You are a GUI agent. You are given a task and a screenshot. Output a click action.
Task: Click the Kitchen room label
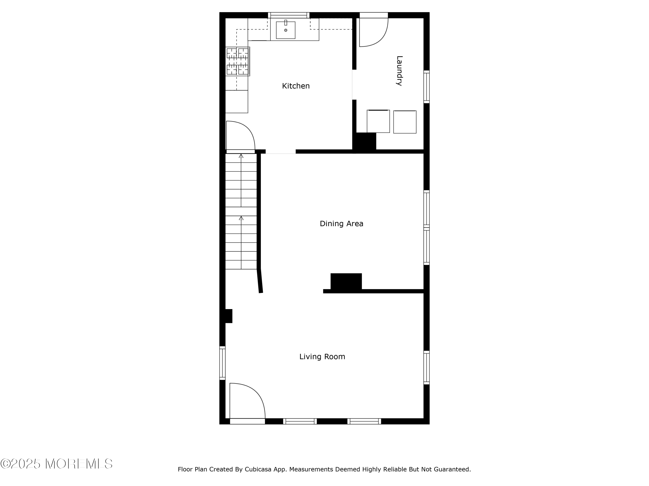(x=296, y=86)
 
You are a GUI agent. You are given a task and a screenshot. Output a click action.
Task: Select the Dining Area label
(x=342, y=224)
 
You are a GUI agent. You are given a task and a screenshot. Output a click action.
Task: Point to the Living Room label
(x=322, y=357)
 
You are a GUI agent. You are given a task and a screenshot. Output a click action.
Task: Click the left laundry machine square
(x=378, y=121)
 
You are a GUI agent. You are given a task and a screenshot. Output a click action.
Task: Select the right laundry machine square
(x=405, y=122)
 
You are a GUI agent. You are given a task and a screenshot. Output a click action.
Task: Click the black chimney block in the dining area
(x=346, y=281)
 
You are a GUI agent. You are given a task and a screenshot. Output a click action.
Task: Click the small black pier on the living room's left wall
(x=229, y=316)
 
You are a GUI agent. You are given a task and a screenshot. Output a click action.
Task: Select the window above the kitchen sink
(x=289, y=15)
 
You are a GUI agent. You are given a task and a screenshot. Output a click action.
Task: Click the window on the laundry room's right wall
(x=427, y=87)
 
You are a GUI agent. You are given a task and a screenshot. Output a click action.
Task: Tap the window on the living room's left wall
(x=222, y=363)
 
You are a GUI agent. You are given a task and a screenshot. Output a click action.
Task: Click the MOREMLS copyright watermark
(x=56, y=464)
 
